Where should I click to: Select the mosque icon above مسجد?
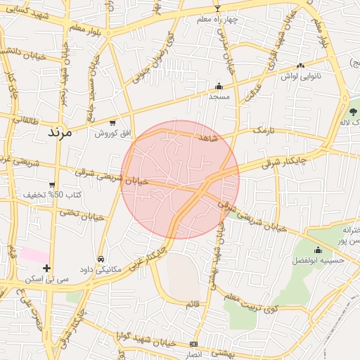[x=219, y=86]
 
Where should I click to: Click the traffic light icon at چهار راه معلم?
[x=217, y=9]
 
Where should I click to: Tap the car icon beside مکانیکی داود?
[x=102, y=259]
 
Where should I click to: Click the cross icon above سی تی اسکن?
[x=46, y=268]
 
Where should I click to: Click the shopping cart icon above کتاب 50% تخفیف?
[x=52, y=184]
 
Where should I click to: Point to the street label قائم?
[x=192, y=304]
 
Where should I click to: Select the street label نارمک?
[x=262, y=130]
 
